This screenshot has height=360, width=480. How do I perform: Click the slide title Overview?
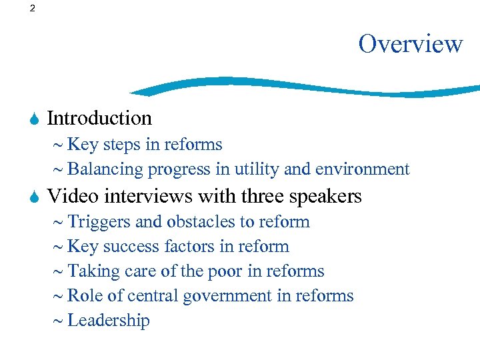410,43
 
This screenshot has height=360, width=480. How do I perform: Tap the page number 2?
33,9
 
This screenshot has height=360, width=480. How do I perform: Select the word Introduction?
99,118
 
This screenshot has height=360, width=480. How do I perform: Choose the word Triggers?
101,221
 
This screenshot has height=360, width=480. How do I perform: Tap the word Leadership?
109,320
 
